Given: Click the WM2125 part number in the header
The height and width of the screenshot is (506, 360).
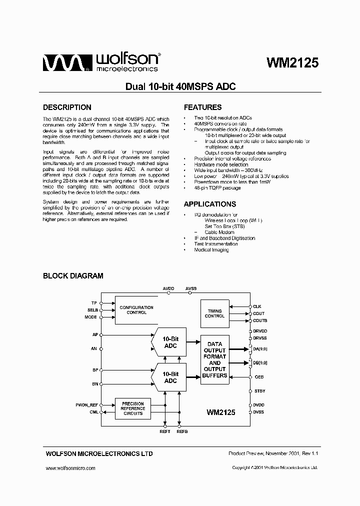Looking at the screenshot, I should point(292,62).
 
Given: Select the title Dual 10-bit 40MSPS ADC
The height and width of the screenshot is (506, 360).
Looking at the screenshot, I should point(180,86).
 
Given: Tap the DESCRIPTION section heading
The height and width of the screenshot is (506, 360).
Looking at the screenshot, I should point(67,107).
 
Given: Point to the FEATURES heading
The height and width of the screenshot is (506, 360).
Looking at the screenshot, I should point(202,107).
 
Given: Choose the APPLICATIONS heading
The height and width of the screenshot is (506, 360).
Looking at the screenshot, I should point(209,204).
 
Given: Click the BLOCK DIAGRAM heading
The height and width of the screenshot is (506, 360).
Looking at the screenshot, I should point(73,275).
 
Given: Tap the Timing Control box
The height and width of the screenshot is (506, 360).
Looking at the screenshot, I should point(214,313).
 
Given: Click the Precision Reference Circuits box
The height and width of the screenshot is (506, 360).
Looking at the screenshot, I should point(132,408).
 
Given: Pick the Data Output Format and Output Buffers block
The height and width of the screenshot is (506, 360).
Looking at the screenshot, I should point(214,359).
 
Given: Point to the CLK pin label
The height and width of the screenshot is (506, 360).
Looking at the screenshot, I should point(257,306).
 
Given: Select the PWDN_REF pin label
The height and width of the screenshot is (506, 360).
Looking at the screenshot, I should point(86,405).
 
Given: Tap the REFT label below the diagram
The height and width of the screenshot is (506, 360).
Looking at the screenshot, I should point(165,431).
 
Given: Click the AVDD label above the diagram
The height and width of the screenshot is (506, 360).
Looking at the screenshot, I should point(169,288).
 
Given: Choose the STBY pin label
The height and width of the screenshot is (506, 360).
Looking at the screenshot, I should point(259,391).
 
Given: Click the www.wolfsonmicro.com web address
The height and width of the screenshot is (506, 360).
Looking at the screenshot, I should point(70,468).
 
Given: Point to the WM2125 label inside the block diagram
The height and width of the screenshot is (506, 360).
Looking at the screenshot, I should point(220,412).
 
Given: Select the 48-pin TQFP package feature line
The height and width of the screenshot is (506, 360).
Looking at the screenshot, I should point(217,188).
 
